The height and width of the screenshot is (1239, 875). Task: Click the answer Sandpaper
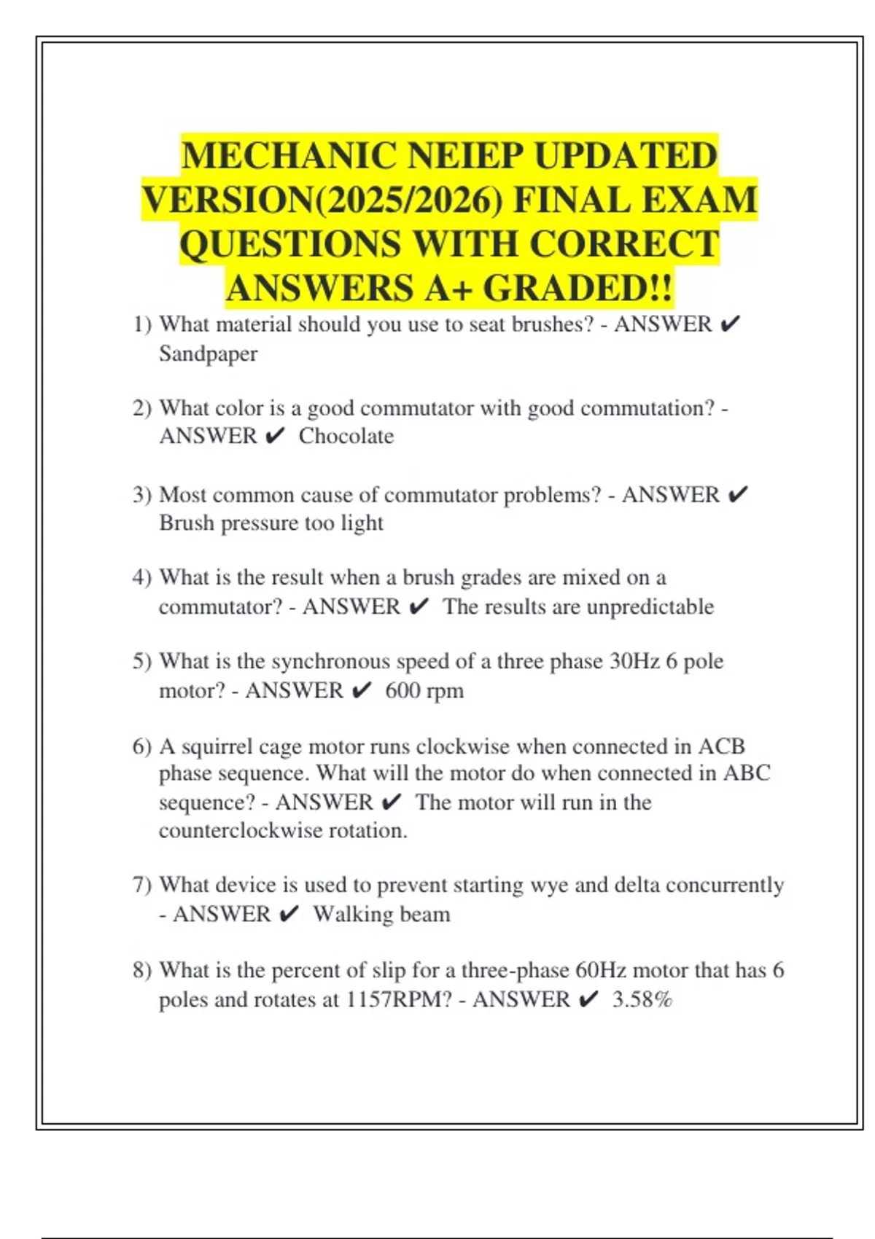click(x=208, y=354)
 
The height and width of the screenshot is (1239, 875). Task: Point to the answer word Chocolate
click(x=346, y=436)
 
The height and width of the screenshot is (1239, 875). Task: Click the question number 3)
click(x=141, y=495)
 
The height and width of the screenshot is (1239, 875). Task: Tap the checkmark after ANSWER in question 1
click(x=729, y=324)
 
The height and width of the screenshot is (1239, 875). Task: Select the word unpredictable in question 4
click(x=650, y=606)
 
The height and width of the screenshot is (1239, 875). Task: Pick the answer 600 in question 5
click(x=403, y=690)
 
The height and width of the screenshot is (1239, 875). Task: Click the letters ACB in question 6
click(x=721, y=746)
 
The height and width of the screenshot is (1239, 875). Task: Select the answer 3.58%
click(x=642, y=999)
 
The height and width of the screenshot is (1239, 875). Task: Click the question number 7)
click(x=141, y=885)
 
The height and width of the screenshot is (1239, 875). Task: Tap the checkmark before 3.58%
click(x=588, y=999)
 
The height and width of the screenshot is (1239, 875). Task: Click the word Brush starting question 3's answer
click(x=187, y=523)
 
